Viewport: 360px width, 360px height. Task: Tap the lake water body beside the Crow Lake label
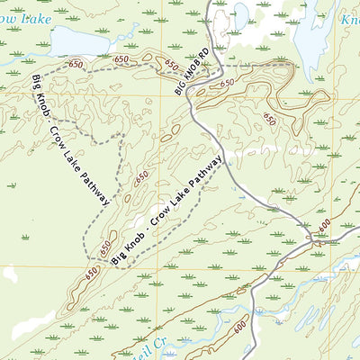81,40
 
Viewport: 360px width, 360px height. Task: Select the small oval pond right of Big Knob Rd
241,13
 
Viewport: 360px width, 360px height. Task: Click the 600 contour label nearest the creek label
239,329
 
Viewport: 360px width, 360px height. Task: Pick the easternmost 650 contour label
269,116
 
